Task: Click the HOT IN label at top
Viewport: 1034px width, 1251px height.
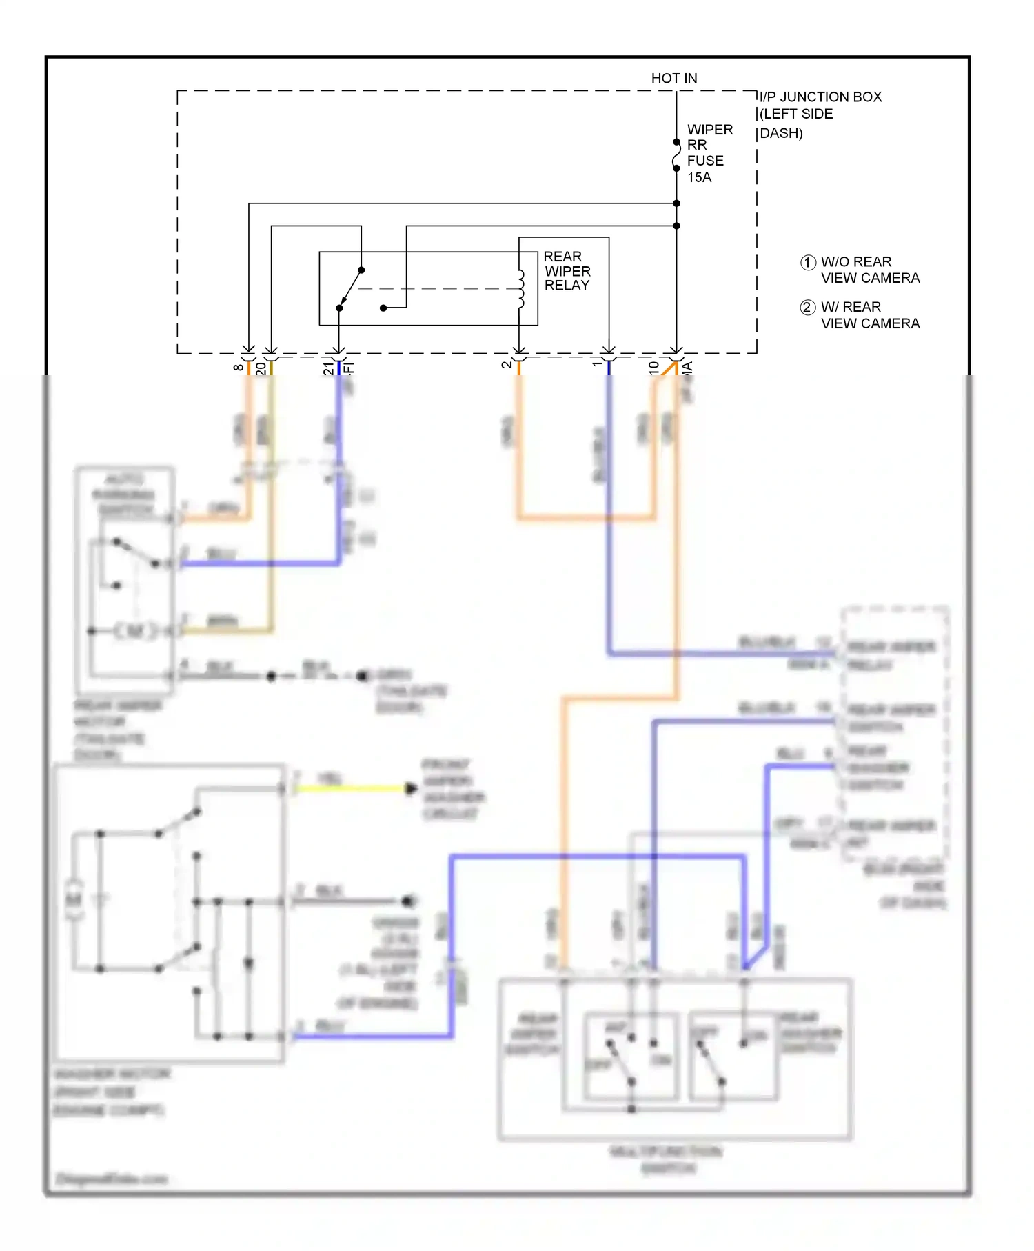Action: [x=673, y=78]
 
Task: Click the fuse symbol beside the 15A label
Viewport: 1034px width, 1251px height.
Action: [x=676, y=155]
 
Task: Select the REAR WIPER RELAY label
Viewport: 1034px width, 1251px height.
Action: [x=567, y=271]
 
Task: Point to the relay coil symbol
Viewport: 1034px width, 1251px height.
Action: [x=521, y=288]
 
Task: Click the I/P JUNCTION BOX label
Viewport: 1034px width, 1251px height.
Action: [x=820, y=97]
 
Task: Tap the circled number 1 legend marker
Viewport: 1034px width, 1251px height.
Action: [x=808, y=263]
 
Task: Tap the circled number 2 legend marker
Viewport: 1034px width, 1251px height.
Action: [x=808, y=308]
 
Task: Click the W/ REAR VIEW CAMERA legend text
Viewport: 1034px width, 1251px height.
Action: [x=869, y=315]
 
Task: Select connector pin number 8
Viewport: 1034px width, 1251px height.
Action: [x=238, y=368]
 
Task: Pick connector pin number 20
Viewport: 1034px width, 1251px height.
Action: [x=261, y=369]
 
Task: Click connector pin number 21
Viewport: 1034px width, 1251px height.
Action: [x=328, y=369]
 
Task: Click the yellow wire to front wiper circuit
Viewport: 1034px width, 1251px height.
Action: [x=352, y=788]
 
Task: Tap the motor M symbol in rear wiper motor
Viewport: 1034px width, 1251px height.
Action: [x=135, y=630]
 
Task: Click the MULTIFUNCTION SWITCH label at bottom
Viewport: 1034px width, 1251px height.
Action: [x=666, y=1159]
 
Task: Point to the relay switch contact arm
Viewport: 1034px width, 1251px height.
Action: [x=350, y=289]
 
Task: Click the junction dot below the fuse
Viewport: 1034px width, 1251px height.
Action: [x=676, y=203]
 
